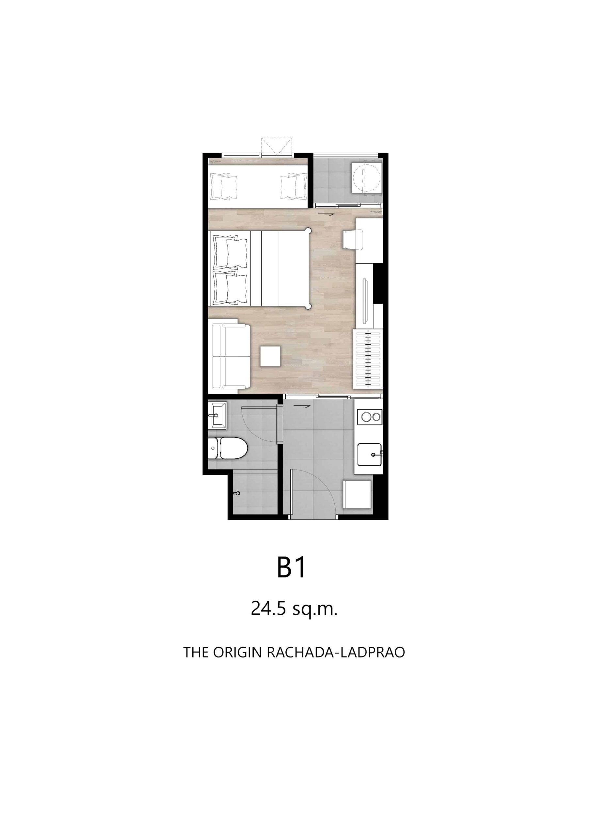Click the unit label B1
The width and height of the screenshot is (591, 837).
tap(291, 567)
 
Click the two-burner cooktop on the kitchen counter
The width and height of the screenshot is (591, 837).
tap(370, 416)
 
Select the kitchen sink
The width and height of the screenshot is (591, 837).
tap(369, 454)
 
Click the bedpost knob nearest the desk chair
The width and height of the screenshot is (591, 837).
tap(309, 230)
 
